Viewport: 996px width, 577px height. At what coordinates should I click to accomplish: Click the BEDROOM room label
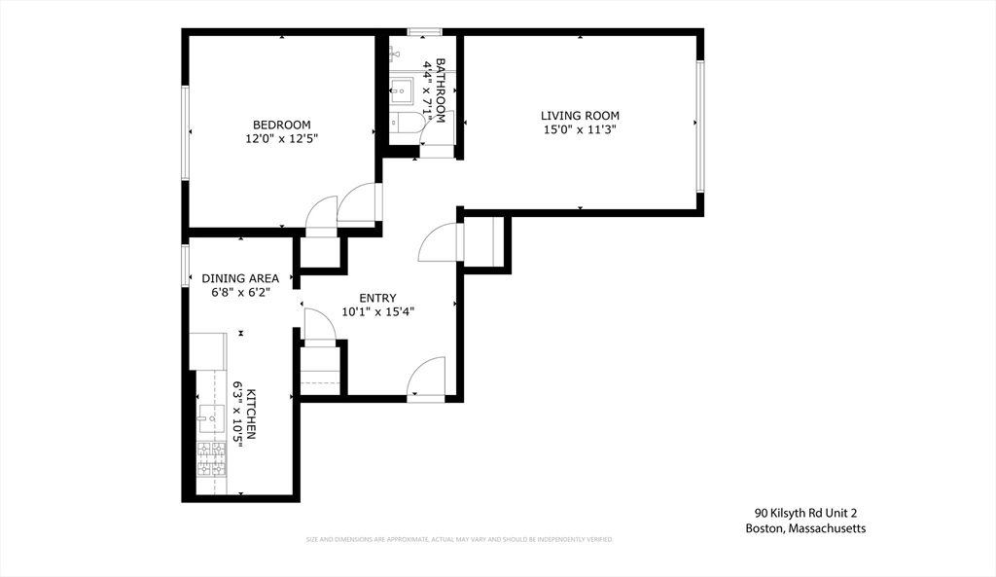pyautogui.click(x=281, y=125)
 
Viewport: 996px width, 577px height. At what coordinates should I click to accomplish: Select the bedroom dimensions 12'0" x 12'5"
pyautogui.click(x=281, y=139)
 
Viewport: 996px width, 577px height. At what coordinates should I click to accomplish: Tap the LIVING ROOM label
pyautogui.click(x=580, y=116)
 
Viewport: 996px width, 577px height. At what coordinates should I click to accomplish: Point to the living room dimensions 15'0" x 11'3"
pyautogui.click(x=580, y=129)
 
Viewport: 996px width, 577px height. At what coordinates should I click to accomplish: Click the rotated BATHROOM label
pyautogui.click(x=441, y=90)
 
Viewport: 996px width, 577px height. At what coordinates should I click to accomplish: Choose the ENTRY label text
pyautogui.click(x=377, y=298)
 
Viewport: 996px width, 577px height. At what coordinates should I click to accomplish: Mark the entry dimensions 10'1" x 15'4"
pyautogui.click(x=377, y=312)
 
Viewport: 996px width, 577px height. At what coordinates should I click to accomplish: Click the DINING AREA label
pyautogui.click(x=240, y=278)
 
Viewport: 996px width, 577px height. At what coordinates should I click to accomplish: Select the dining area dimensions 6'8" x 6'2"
pyautogui.click(x=240, y=292)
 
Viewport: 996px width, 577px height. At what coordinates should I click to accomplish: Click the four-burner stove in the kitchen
pyautogui.click(x=211, y=459)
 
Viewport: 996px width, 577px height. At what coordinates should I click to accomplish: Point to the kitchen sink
pyautogui.click(x=210, y=418)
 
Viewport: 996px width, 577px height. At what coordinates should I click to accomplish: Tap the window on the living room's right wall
pyautogui.click(x=698, y=126)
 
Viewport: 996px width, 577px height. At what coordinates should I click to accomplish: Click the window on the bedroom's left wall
pyautogui.click(x=184, y=132)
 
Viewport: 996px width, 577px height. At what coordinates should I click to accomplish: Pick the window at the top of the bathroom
pyautogui.click(x=424, y=32)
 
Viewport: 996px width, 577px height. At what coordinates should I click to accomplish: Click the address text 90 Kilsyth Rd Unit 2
pyautogui.click(x=805, y=513)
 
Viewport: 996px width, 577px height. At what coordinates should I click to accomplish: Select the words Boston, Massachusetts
pyautogui.click(x=805, y=528)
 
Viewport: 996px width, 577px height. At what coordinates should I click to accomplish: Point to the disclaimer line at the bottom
pyautogui.click(x=459, y=539)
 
